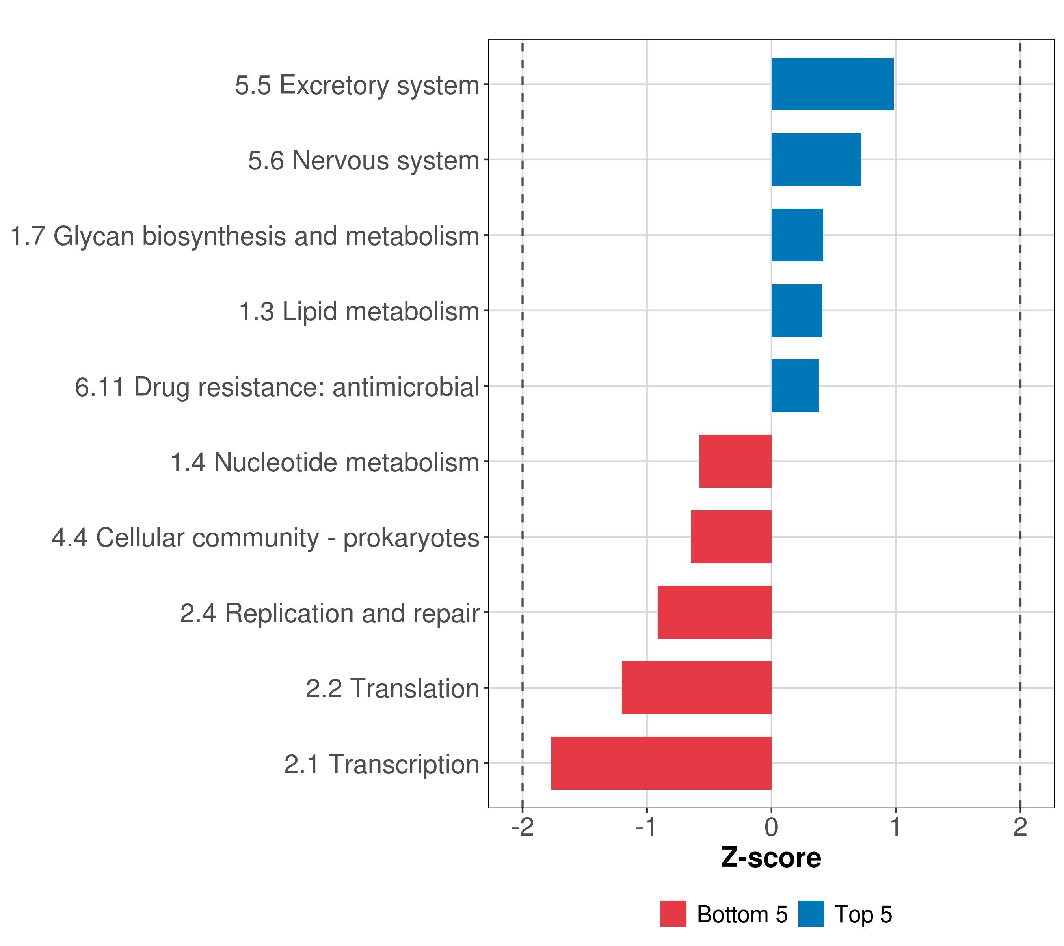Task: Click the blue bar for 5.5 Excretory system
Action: click(832, 84)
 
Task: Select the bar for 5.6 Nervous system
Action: click(816, 160)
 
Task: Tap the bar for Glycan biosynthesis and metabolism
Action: click(797, 235)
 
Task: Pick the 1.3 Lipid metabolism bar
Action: click(796, 311)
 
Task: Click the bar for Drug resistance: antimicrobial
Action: click(795, 386)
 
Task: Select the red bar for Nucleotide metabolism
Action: click(735, 461)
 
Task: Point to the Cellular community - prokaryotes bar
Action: click(731, 537)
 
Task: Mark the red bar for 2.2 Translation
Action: click(696, 688)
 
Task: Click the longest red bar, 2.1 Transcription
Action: click(661, 763)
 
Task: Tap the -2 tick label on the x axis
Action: click(523, 827)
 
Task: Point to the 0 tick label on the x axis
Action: click(772, 827)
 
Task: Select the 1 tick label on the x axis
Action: click(895, 827)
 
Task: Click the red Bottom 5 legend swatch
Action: click(673, 914)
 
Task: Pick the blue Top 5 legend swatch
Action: click(811, 914)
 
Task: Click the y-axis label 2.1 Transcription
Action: click(381, 764)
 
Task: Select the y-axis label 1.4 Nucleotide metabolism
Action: click(325, 462)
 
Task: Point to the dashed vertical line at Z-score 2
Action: click(1020, 417)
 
